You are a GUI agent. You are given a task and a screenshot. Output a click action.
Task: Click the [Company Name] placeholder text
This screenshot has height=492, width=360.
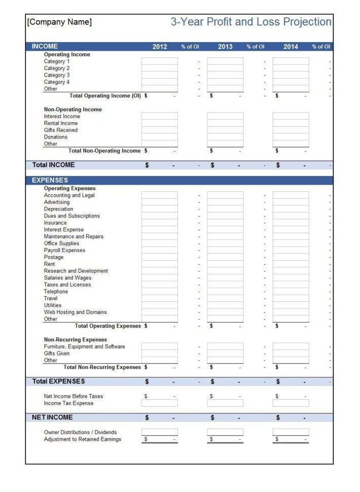(x=59, y=22)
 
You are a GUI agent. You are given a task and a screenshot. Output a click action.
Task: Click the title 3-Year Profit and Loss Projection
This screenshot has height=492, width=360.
(x=251, y=22)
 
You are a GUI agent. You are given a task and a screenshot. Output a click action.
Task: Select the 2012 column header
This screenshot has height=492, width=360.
(x=160, y=47)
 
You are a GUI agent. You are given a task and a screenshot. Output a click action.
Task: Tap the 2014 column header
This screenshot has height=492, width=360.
(x=291, y=47)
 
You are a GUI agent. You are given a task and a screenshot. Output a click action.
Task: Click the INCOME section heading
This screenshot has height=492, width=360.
(x=45, y=46)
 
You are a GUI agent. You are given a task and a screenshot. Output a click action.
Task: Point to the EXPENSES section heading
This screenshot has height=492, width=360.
(x=50, y=180)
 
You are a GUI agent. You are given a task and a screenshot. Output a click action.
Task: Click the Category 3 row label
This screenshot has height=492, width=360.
(x=57, y=75)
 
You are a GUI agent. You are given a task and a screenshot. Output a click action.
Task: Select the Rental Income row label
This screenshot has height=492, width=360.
(x=61, y=123)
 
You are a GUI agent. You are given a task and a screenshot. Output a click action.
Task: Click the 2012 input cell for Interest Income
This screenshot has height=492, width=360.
(x=160, y=116)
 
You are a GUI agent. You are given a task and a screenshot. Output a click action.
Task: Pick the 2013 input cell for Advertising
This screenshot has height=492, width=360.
(x=225, y=202)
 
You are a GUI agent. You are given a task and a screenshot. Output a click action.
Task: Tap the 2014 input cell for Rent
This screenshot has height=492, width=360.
(x=291, y=264)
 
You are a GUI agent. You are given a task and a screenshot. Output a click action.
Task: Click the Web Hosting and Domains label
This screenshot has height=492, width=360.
(x=75, y=312)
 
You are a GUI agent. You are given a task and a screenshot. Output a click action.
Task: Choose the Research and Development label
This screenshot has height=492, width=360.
(x=76, y=271)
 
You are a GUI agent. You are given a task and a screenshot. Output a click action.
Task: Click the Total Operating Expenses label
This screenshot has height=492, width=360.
(x=107, y=326)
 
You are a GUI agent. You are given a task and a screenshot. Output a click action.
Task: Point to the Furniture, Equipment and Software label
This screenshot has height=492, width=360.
(x=84, y=346)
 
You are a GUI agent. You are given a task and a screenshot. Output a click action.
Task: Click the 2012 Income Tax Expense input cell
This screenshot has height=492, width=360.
(x=160, y=403)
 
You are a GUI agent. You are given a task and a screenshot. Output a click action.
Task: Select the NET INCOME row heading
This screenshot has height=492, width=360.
(x=53, y=417)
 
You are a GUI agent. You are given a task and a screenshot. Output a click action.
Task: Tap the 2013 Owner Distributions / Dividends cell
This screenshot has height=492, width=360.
(x=225, y=432)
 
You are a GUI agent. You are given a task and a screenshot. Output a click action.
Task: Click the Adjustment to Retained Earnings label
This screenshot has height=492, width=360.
(x=83, y=439)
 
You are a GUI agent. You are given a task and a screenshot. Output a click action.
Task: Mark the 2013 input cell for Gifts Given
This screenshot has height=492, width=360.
(x=225, y=354)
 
